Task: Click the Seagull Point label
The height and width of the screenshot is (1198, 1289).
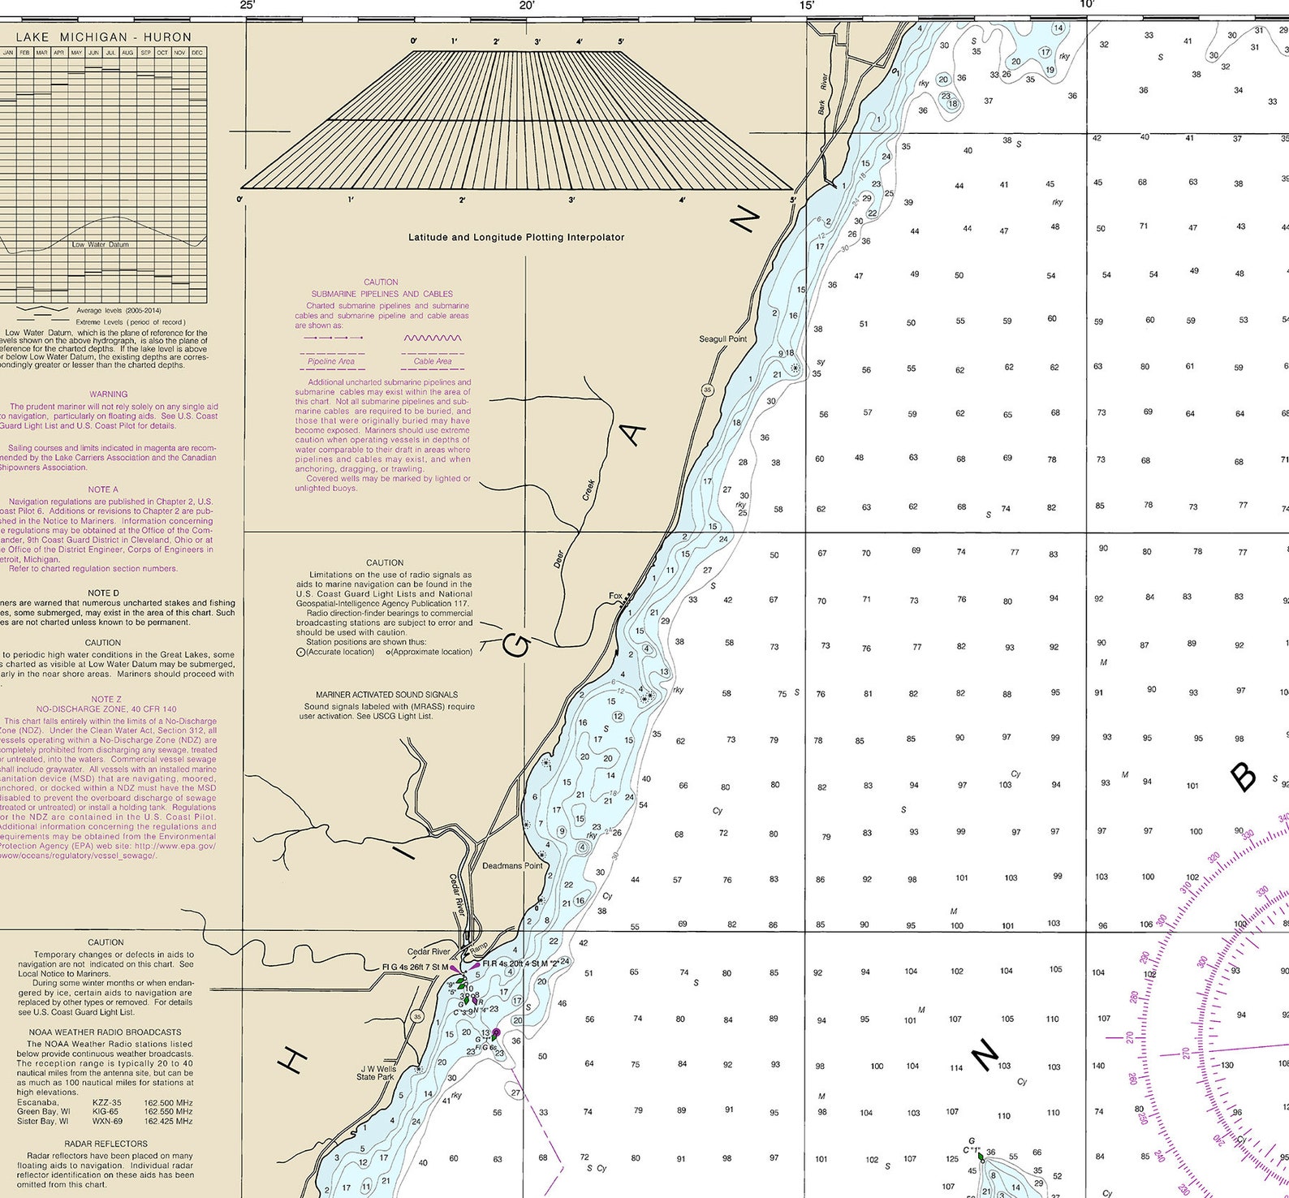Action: coord(722,338)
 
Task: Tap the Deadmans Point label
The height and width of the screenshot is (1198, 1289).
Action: coord(512,865)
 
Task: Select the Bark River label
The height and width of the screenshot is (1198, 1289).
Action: coord(823,94)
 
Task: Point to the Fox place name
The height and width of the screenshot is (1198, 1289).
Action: coord(615,596)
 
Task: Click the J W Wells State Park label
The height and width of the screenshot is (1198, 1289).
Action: coord(377,1073)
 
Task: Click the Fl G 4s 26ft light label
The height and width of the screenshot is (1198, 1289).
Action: coord(414,967)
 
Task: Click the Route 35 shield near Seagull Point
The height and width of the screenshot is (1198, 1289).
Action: coord(707,390)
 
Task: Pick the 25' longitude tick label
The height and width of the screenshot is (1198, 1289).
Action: coord(248,6)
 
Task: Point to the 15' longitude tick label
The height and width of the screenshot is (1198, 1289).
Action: coord(807,6)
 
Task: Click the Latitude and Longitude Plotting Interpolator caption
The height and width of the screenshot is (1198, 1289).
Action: coord(516,237)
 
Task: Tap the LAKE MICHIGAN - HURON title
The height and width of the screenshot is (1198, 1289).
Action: coord(104,37)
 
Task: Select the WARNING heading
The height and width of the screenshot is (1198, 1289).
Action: coord(108,394)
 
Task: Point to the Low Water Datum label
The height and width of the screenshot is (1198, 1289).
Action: coord(100,244)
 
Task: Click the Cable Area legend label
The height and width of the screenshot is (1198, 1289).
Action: coord(433,361)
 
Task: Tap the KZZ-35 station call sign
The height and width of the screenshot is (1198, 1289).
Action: coord(106,1102)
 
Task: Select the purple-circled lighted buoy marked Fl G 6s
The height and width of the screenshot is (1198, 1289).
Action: coord(496,1033)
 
